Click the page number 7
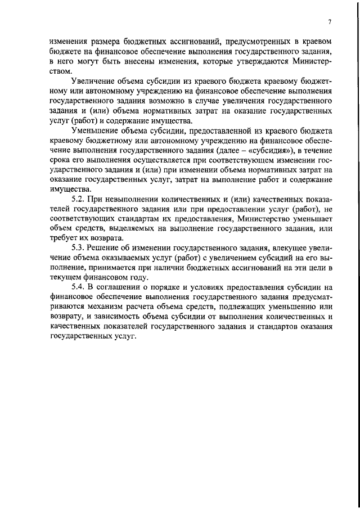[x=330, y=22]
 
